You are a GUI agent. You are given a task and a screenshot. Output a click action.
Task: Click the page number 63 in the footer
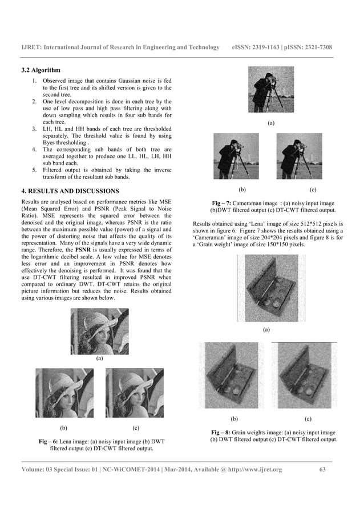[322, 469]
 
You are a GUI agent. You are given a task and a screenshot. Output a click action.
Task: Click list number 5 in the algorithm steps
[34, 169]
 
